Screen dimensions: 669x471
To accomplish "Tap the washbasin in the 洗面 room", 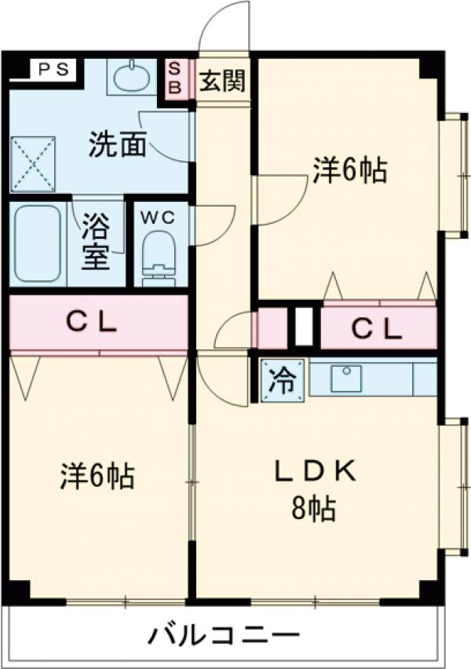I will (x=131, y=78).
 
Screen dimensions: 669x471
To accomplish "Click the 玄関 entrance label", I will (x=221, y=81).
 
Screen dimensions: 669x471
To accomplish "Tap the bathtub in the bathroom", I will (x=38, y=244).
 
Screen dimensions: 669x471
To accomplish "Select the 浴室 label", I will (x=96, y=244).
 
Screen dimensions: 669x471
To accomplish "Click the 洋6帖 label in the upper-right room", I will (x=350, y=170).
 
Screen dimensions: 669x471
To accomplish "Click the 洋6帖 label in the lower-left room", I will (x=97, y=475).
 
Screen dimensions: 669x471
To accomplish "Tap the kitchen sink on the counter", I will (x=345, y=378).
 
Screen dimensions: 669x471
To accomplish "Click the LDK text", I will (x=315, y=471).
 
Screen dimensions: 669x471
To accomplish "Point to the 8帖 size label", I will (x=316, y=510).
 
